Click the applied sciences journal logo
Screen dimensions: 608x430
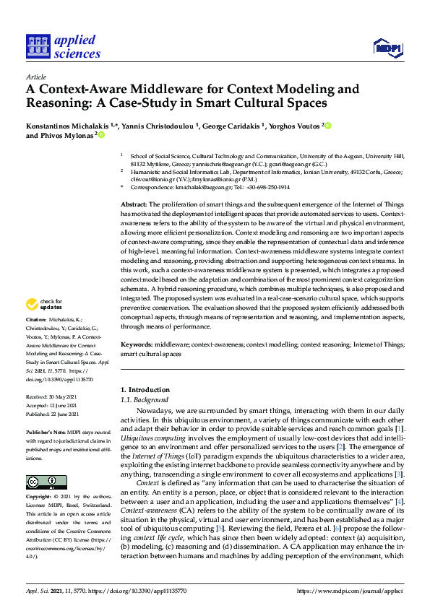(63, 46)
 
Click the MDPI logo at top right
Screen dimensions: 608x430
(387, 48)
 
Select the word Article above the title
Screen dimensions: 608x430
(35, 77)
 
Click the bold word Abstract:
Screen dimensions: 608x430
(134, 206)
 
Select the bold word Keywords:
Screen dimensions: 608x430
(137, 345)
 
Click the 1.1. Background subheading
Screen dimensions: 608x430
(144, 400)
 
